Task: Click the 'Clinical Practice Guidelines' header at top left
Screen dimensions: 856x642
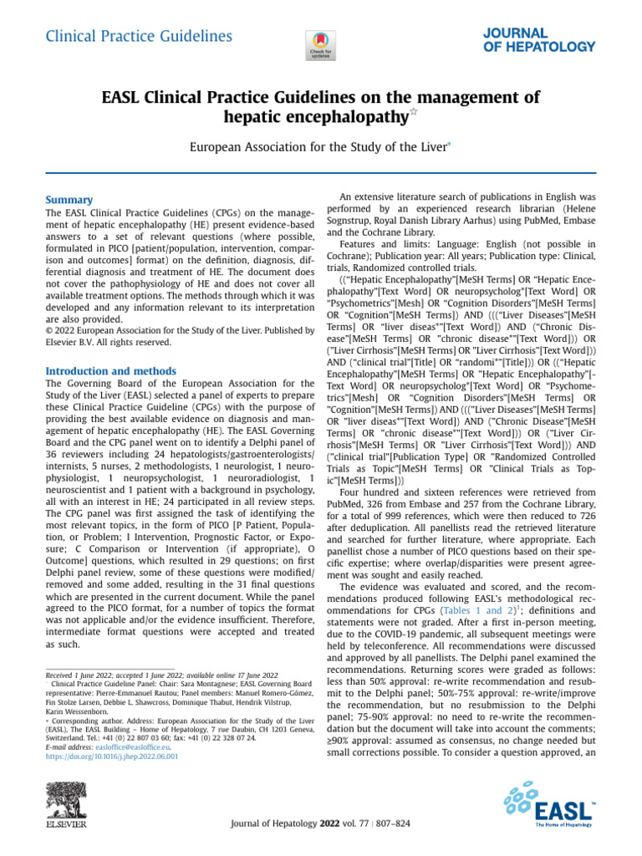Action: (x=138, y=36)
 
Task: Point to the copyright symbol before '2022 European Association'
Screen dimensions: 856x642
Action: (x=47, y=327)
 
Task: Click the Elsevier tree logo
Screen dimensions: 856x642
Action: (x=65, y=806)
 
